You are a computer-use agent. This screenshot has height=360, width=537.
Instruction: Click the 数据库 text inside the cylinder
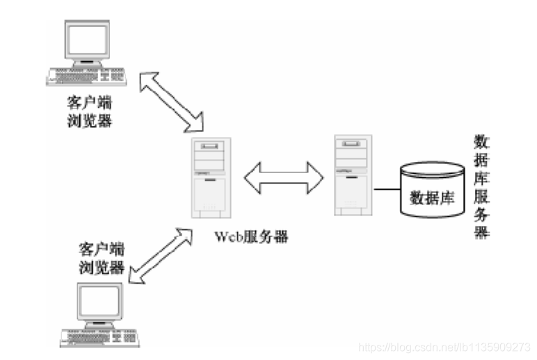point(431,197)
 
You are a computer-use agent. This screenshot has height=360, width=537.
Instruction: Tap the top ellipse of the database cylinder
point(432,170)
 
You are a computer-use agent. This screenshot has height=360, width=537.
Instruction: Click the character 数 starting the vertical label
point(481,142)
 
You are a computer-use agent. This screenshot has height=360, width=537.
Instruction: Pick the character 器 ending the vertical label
point(481,232)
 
